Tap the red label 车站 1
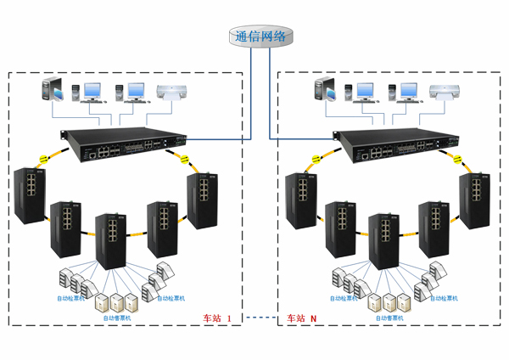click(x=217, y=318)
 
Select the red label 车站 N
click(x=300, y=318)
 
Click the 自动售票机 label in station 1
click(x=118, y=318)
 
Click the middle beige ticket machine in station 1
click(x=116, y=301)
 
